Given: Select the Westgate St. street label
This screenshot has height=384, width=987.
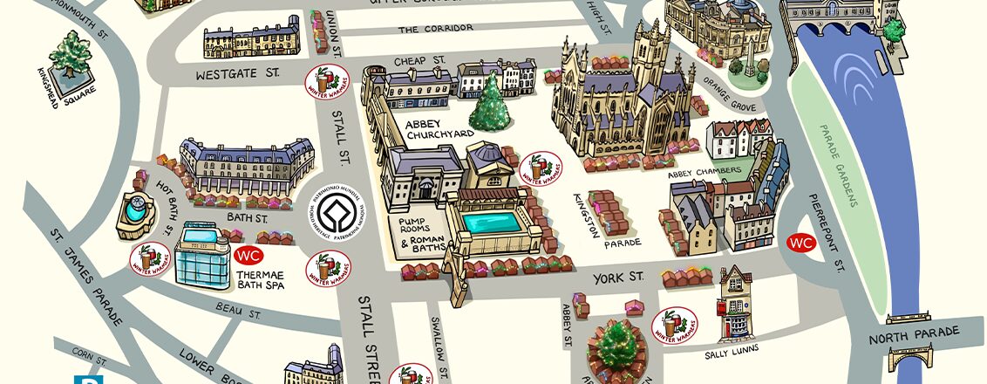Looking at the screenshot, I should (x=228, y=74).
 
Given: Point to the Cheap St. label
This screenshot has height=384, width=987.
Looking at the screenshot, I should (x=419, y=60).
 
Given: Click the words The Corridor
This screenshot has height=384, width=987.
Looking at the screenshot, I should (x=435, y=28).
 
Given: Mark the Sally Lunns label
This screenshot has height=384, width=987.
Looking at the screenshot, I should (x=732, y=349).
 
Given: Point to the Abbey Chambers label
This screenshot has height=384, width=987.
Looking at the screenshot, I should (x=705, y=173).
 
